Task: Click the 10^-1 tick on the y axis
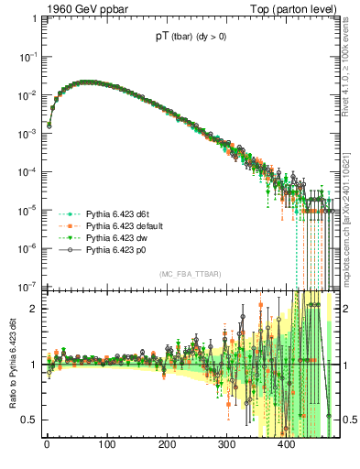click(x=27, y=57)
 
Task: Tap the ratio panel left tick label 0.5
click(x=29, y=420)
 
